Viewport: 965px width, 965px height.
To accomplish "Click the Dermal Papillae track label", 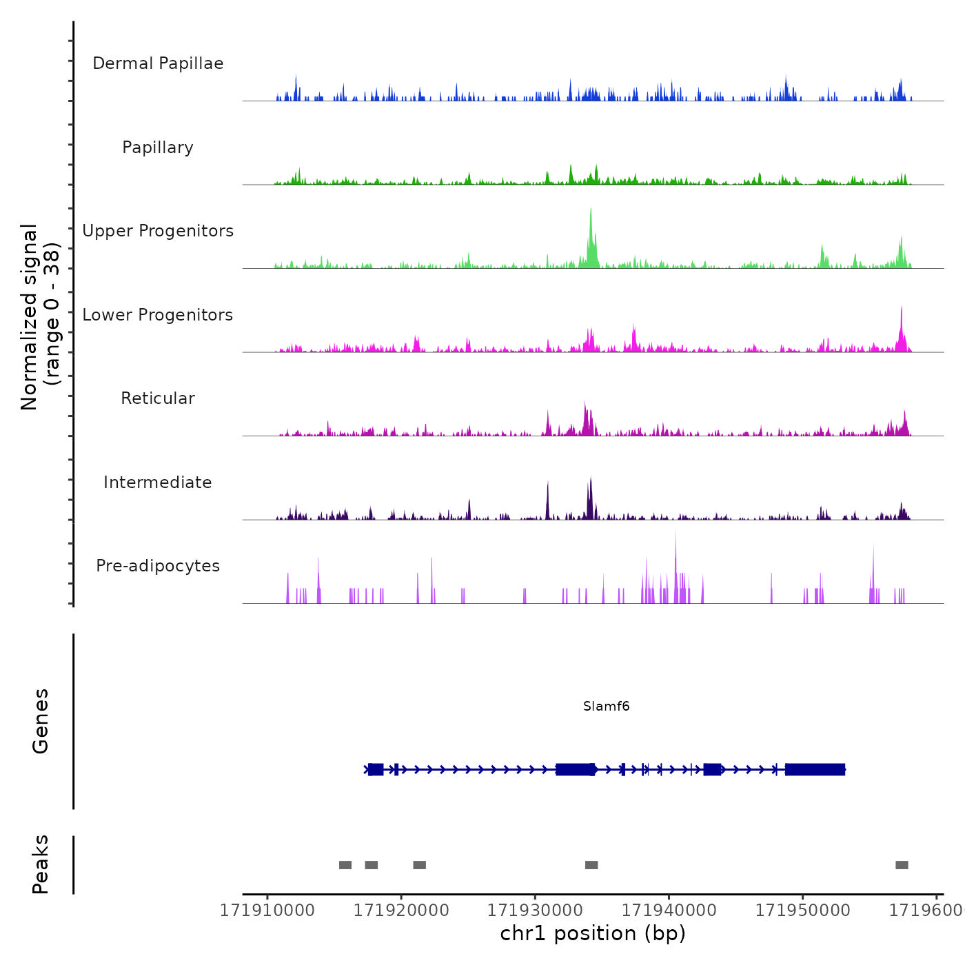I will click(158, 63).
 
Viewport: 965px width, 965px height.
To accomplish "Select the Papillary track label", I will click(158, 148).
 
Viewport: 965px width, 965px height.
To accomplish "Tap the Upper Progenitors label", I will click(158, 231).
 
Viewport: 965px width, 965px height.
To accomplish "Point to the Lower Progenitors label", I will click(158, 315).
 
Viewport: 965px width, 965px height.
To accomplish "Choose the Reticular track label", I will click(158, 398).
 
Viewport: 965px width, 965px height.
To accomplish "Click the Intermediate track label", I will click(158, 482).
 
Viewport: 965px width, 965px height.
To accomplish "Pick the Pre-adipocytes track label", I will click(158, 566).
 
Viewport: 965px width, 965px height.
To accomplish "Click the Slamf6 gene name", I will click(606, 706).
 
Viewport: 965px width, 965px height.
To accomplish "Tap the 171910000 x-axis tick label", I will click(267, 911).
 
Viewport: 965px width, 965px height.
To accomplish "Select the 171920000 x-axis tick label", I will click(401, 911).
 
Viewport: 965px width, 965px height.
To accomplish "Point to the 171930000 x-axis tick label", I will click(535, 911).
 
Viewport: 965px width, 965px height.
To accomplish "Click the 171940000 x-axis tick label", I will click(669, 911).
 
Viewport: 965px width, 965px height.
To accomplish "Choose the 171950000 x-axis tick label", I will click(802, 911).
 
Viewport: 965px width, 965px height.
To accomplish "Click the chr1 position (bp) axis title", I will click(593, 933).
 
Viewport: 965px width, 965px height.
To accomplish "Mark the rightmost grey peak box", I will click(902, 865).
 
